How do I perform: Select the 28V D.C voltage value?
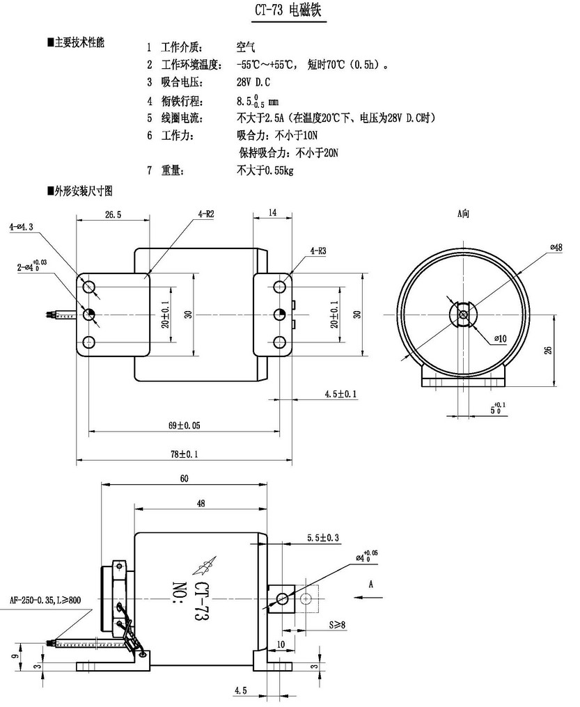coord(253,82)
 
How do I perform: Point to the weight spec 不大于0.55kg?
coord(265,169)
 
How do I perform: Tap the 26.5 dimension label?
coord(112,216)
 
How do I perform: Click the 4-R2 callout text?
coord(205,215)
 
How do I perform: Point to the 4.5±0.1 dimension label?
coord(340,394)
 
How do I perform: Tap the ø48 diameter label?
coord(556,248)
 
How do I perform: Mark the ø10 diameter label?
coord(500,338)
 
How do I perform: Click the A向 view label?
coord(464,215)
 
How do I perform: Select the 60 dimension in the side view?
coord(184,479)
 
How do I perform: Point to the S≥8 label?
coord(337,624)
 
